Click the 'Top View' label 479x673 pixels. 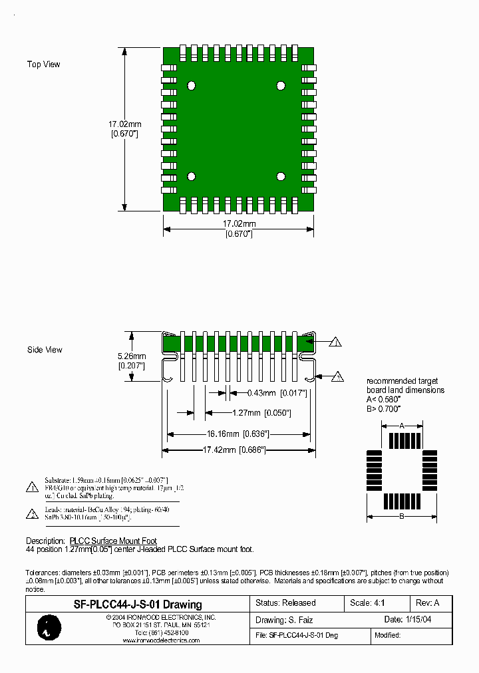[x=43, y=65]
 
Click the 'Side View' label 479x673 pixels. [x=45, y=350]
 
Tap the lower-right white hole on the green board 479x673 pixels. [x=281, y=176]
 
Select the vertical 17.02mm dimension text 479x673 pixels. [x=124, y=124]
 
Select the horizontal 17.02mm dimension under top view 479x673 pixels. [x=238, y=224]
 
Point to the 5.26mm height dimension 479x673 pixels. [x=132, y=356]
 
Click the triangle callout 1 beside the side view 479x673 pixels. [x=335, y=343]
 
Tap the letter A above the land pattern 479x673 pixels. [x=402, y=425]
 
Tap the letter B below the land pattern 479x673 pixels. [x=402, y=517]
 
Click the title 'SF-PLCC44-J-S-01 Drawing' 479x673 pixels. [x=137, y=605]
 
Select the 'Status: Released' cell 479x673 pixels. [x=286, y=603]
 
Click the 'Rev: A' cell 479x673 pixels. [x=428, y=603]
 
